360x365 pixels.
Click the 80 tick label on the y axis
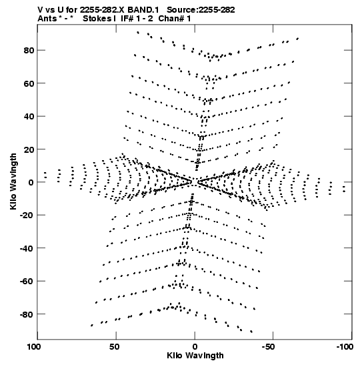click(x=29, y=50)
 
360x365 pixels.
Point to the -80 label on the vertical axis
click(x=27, y=314)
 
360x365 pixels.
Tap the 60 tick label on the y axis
click(x=29, y=83)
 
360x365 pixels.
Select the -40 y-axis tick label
click(x=27, y=248)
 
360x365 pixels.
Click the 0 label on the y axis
click(x=31, y=183)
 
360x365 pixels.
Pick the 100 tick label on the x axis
click(x=34, y=347)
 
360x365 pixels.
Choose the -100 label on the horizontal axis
click(x=345, y=347)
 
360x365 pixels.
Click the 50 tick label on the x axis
click(x=115, y=347)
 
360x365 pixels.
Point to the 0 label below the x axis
click(x=195, y=347)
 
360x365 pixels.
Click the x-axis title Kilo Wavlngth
click(x=195, y=356)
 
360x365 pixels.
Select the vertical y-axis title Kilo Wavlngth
click(x=13, y=181)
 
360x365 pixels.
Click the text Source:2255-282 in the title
click(x=201, y=10)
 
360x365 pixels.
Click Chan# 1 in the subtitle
click(x=175, y=19)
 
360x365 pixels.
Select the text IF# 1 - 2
click(x=137, y=19)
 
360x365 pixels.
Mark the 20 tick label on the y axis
click(x=29, y=149)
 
